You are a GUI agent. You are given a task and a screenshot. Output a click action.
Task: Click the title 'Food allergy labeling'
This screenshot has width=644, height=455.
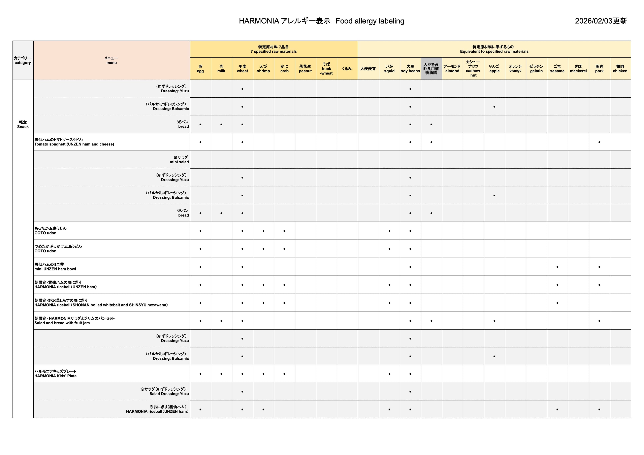pos(370,21)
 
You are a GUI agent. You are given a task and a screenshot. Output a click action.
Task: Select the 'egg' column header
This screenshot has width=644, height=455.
pos(200,69)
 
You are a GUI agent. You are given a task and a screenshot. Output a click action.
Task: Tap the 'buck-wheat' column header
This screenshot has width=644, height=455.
pos(326,69)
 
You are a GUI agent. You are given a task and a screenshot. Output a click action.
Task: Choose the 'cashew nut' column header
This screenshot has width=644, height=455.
pos(473,69)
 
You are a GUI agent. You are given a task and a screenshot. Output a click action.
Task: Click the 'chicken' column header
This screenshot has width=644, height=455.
pos(620,69)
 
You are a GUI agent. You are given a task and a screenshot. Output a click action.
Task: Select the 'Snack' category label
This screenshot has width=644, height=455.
pos(23,124)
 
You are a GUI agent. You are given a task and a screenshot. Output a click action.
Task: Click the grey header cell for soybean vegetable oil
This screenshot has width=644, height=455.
pos(431,69)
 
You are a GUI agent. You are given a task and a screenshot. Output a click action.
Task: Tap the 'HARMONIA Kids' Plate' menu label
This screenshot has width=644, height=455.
pos(56,374)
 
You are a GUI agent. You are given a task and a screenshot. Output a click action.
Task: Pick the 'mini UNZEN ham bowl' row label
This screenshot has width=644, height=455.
pos(55,267)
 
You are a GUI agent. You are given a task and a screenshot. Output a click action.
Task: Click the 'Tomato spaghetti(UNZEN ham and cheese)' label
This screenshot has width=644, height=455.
pos(74,142)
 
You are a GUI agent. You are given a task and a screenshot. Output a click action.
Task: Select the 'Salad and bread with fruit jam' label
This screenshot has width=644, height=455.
pos(62,321)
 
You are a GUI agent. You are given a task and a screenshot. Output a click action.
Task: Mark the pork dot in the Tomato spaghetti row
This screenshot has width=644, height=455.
pos(599,142)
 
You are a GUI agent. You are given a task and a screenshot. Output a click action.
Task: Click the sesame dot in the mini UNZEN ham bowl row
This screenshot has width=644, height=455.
pos(557,267)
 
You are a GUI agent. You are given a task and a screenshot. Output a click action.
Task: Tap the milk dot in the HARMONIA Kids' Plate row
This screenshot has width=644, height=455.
pos(221,374)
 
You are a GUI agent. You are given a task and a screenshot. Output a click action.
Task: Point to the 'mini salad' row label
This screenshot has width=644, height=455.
pos(180,160)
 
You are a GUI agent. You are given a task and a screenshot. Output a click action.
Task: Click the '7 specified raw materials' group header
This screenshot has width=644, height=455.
pos(273,49)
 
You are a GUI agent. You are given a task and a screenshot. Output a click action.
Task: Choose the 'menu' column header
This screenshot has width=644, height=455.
pos(111,60)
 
